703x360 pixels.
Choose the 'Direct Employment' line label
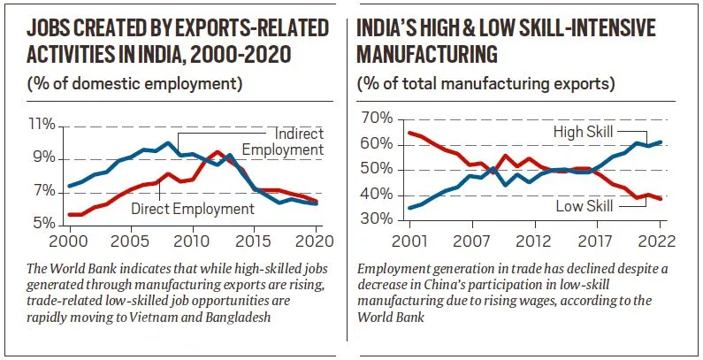pos(192,209)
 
